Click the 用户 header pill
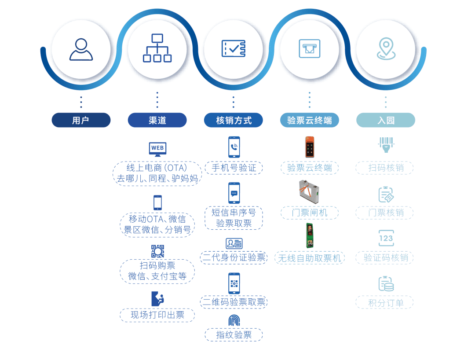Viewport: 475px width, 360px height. [x=81, y=120]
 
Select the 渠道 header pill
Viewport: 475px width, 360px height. [x=157, y=120]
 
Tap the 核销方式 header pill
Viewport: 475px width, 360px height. [x=233, y=120]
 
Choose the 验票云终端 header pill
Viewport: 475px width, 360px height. [x=309, y=120]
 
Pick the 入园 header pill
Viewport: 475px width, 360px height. [x=386, y=120]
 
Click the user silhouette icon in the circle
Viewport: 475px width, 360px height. [x=81, y=49]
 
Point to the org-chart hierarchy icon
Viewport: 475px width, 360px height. [x=157, y=48]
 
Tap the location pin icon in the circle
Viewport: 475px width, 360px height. [x=386, y=48]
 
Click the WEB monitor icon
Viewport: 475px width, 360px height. [x=157, y=149]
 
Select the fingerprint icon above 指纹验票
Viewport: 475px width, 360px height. [x=234, y=320]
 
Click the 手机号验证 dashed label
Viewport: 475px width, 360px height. [x=234, y=168]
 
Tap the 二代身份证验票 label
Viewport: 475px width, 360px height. [x=234, y=257]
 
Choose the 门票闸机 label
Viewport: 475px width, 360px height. [x=309, y=213]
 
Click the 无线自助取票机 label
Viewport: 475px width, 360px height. [x=309, y=258]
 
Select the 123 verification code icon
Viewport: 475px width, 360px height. [x=386, y=238]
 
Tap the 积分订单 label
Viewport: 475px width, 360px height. [x=386, y=302]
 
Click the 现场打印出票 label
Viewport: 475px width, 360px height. [x=157, y=315]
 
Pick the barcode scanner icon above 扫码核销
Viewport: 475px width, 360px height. [x=386, y=145]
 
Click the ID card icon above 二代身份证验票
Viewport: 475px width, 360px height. [x=234, y=243]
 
